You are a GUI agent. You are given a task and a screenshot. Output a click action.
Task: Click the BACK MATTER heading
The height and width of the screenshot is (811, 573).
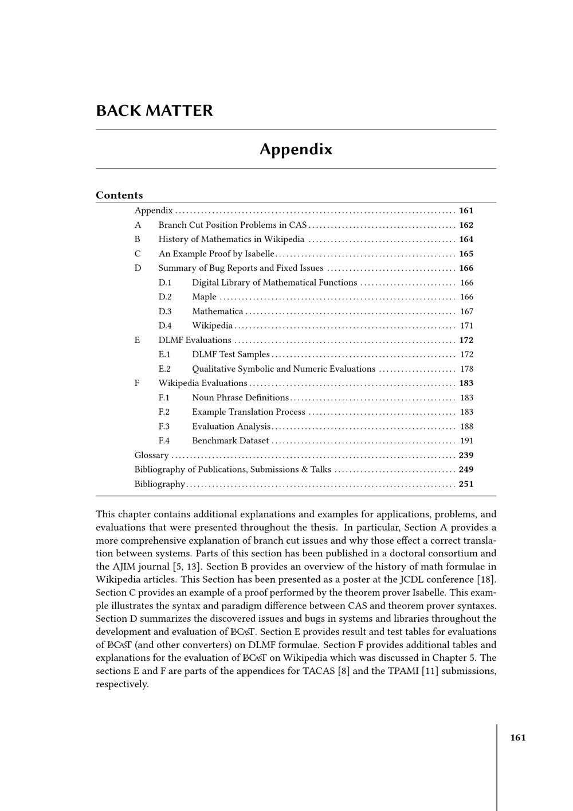click(x=154, y=111)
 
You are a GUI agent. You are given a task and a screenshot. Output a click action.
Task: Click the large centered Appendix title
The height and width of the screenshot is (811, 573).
click(x=296, y=149)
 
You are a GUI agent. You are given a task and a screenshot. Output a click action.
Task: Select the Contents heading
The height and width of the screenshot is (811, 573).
click(x=119, y=195)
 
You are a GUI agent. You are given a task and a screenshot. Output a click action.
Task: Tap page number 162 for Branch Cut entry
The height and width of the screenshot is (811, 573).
click(x=466, y=225)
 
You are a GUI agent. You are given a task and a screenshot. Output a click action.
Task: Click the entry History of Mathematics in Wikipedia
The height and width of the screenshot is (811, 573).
click(x=231, y=239)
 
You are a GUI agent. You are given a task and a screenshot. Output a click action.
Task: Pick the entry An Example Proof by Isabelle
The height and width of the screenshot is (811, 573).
click(x=216, y=254)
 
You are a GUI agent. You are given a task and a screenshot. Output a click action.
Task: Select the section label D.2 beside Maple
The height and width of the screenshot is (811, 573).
click(x=165, y=297)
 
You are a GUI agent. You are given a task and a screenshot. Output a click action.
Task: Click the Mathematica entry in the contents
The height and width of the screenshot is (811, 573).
click(x=217, y=311)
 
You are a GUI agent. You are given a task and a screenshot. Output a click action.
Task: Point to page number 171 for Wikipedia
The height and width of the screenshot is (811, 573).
click(x=466, y=326)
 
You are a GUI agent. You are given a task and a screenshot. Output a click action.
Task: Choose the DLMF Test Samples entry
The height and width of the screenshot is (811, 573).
click(x=230, y=354)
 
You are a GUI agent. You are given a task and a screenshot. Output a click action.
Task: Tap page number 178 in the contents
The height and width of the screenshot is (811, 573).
click(x=466, y=369)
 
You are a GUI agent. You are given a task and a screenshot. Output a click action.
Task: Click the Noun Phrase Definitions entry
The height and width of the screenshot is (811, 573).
click(x=240, y=397)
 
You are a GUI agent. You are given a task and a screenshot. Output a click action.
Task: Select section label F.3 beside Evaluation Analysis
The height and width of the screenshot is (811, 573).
click(x=164, y=426)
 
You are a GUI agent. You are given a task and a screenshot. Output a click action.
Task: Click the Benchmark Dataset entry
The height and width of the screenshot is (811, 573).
click(x=230, y=440)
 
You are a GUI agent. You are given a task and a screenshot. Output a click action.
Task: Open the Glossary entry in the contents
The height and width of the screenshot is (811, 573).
click(x=151, y=455)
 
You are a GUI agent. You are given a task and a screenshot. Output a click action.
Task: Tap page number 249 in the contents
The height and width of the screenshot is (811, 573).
click(x=466, y=469)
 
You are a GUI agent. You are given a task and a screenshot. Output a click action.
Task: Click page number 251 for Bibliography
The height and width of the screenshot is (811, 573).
click(x=466, y=484)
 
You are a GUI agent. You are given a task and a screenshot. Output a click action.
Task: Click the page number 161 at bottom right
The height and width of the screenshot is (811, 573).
click(x=518, y=738)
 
